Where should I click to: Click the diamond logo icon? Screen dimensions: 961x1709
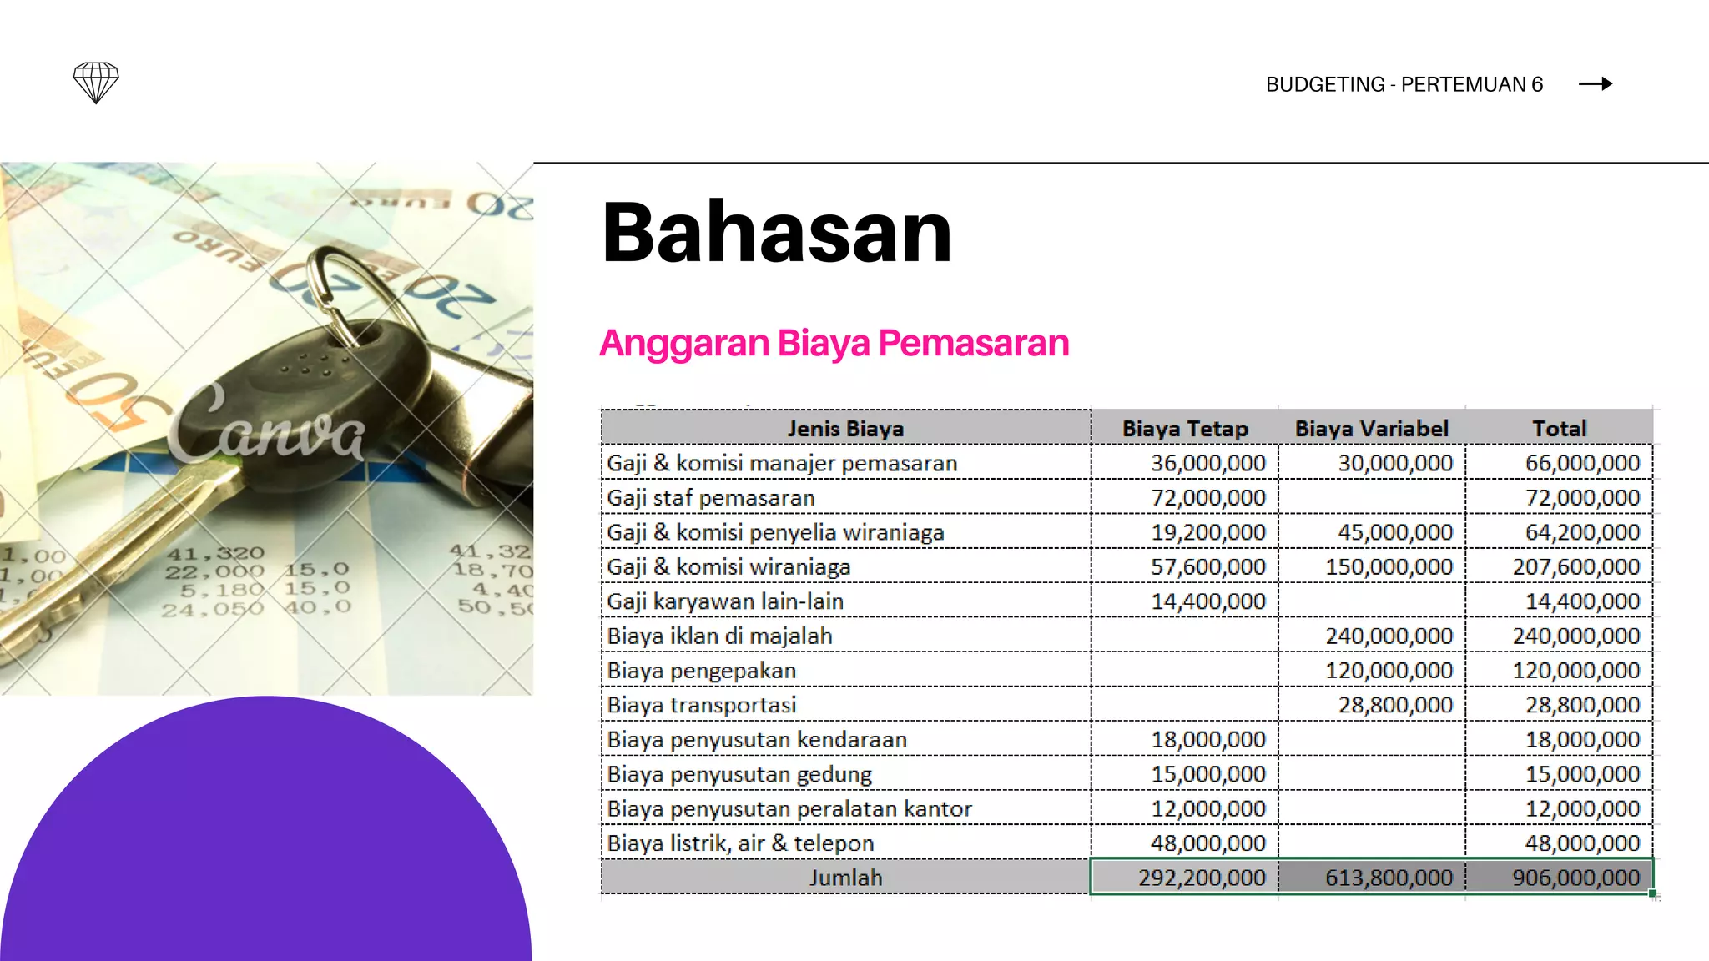[x=96, y=83]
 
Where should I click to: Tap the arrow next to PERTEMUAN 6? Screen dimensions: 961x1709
[x=1595, y=83]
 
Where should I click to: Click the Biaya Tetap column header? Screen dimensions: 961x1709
[x=1184, y=429]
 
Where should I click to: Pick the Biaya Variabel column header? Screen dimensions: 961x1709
[x=1371, y=429]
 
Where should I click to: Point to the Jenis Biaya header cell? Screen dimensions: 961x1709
[x=845, y=429]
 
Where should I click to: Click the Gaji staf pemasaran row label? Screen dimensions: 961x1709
[x=711, y=498]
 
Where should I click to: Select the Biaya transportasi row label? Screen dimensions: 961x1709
[x=702, y=705]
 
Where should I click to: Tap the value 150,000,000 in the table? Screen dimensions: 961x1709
[x=1389, y=567]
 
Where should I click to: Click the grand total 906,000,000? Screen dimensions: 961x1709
[x=1575, y=878]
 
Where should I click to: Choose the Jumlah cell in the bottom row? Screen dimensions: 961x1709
[x=845, y=878]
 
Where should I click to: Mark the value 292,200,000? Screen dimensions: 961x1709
[x=1202, y=878]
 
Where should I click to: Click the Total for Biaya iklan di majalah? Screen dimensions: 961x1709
[x=1575, y=636]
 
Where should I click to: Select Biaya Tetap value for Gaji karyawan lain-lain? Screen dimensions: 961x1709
[x=1208, y=601]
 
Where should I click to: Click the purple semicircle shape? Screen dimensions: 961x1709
[x=267, y=851]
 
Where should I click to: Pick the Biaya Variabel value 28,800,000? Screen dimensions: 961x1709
[x=1395, y=705]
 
